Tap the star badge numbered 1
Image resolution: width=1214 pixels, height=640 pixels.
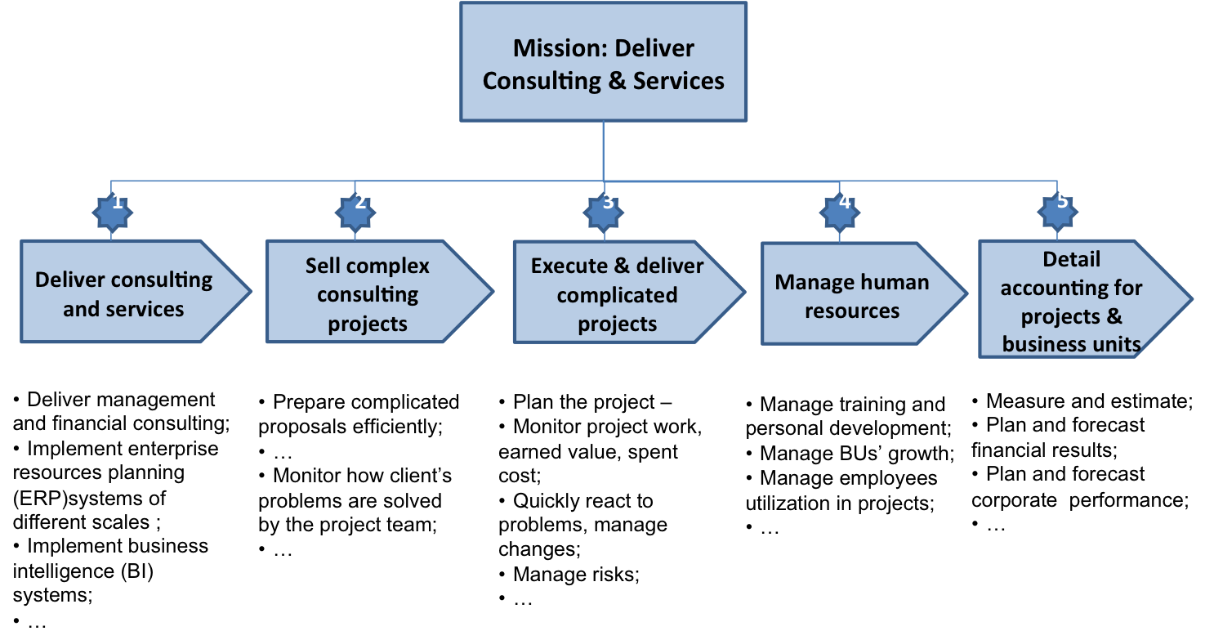point(112,212)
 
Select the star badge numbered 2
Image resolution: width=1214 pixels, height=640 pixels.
point(355,212)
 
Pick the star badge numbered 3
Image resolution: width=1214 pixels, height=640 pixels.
point(604,212)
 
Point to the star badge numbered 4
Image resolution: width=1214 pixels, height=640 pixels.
point(841,212)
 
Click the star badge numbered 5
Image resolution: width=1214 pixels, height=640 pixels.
point(1058,212)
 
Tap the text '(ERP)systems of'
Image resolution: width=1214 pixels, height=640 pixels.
point(90,497)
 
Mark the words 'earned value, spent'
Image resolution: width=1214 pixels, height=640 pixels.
point(588,451)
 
